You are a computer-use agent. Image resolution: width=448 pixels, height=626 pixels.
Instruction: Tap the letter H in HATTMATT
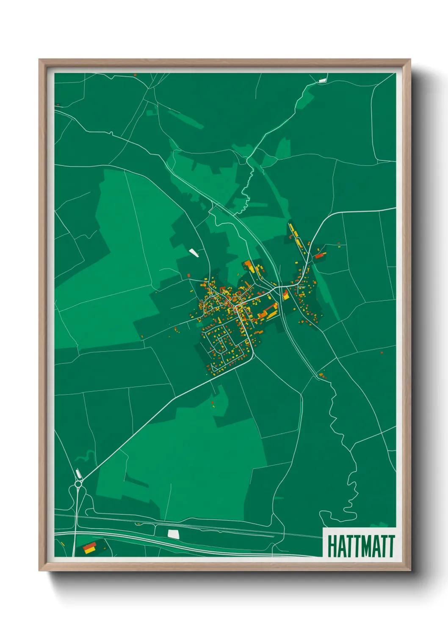(331, 546)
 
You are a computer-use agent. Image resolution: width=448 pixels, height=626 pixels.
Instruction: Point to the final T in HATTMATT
(391, 546)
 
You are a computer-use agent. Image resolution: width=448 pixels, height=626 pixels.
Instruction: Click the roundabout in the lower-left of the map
(78, 483)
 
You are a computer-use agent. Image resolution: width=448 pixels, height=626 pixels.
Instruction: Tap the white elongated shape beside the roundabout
(78, 473)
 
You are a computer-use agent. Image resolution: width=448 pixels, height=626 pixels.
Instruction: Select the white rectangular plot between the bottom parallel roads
(174, 533)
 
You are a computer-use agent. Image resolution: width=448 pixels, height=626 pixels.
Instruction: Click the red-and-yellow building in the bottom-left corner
(89, 548)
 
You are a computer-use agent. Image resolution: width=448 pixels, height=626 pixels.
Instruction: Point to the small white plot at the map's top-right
(323, 80)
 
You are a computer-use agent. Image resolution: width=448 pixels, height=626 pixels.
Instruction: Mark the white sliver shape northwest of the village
(194, 253)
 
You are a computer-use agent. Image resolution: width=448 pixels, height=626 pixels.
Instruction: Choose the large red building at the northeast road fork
(320, 255)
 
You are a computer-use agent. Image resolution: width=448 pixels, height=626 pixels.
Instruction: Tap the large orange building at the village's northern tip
(249, 266)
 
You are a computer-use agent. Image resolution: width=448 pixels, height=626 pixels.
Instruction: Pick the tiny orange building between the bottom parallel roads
(138, 524)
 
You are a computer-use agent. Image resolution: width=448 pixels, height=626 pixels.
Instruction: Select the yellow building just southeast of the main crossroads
(286, 295)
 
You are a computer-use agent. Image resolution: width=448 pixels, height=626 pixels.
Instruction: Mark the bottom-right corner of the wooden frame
(410, 570)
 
